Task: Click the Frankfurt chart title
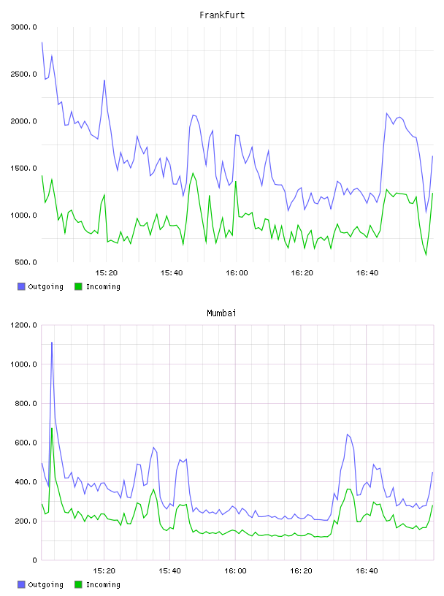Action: pyautogui.click(x=222, y=15)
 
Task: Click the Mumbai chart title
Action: pyautogui.click(x=221, y=313)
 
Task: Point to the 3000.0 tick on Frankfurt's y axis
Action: pyautogui.click(x=23, y=27)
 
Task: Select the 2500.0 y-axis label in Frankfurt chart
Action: pyautogui.click(x=23, y=74)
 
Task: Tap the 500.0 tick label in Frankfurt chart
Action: pyautogui.click(x=26, y=262)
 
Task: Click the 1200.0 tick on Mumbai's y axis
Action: pyautogui.click(x=23, y=325)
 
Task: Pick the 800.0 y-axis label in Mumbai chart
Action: pyautogui.click(x=26, y=403)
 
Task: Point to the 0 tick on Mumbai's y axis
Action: pyautogui.click(x=34, y=560)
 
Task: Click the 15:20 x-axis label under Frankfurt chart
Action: pyautogui.click(x=107, y=273)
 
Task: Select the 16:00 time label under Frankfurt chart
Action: pyautogui.click(x=237, y=273)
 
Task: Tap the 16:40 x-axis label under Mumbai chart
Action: pyautogui.click(x=367, y=571)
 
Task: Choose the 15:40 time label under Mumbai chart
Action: pyautogui.click(x=169, y=571)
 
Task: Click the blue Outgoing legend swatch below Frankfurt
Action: pyautogui.click(x=21, y=286)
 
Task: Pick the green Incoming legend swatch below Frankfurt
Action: pyautogui.click(x=78, y=286)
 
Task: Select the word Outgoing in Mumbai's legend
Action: pyautogui.click(x=45, y=584)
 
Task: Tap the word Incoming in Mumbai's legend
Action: pyautogui.click(x=103, y=584)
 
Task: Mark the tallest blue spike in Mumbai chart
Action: pyautogui.click(x=52, y=343)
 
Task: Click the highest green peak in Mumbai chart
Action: pyautogui.click(x=52, y=428)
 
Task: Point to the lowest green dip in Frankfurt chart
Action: pyautogui.click(x=426, y=255)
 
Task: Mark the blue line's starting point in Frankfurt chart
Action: pyautogui.click(x=42, y=42)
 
